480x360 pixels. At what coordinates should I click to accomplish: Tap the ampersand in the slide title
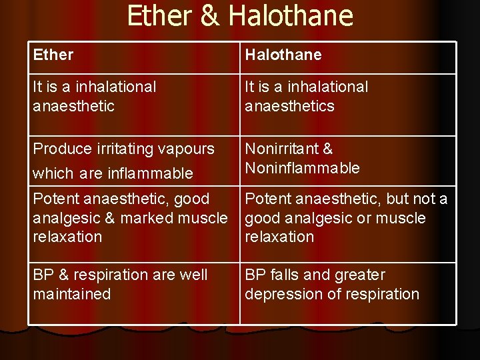209,15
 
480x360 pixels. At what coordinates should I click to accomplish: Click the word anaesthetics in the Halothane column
289,106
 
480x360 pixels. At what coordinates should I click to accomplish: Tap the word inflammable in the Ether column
151,174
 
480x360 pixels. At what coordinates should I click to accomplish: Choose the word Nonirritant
279,149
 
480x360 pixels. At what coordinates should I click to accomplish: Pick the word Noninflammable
302,168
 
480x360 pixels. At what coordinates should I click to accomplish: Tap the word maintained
72,294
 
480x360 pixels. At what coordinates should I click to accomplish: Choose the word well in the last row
193,275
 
